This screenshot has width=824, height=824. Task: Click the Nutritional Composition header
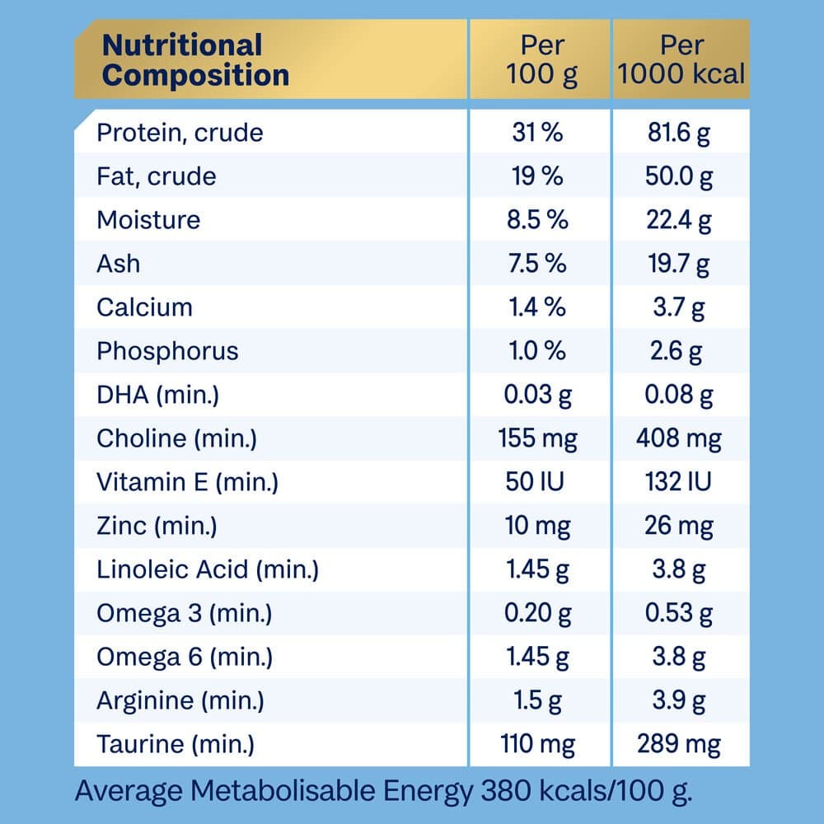[195, 60]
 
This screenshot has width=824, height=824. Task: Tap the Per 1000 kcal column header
[681, 60]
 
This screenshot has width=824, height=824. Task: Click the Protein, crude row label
[180, 133]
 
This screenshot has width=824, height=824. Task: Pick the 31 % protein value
[536, 133]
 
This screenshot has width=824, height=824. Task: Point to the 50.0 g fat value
[680, 176]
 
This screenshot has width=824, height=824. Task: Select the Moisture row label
[148, 220]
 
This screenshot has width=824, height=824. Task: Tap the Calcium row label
[144, 307]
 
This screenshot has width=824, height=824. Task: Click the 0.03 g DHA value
[538, 395]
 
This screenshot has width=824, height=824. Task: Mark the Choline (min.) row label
[176, 438]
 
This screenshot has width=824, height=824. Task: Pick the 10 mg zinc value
[538, 526]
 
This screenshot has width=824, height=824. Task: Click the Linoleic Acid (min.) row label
[208, 569]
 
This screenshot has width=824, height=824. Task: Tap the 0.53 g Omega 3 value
[680, 613]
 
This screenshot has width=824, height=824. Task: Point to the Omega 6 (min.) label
[185, 657]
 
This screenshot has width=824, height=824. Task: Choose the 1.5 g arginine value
[538, 700]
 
